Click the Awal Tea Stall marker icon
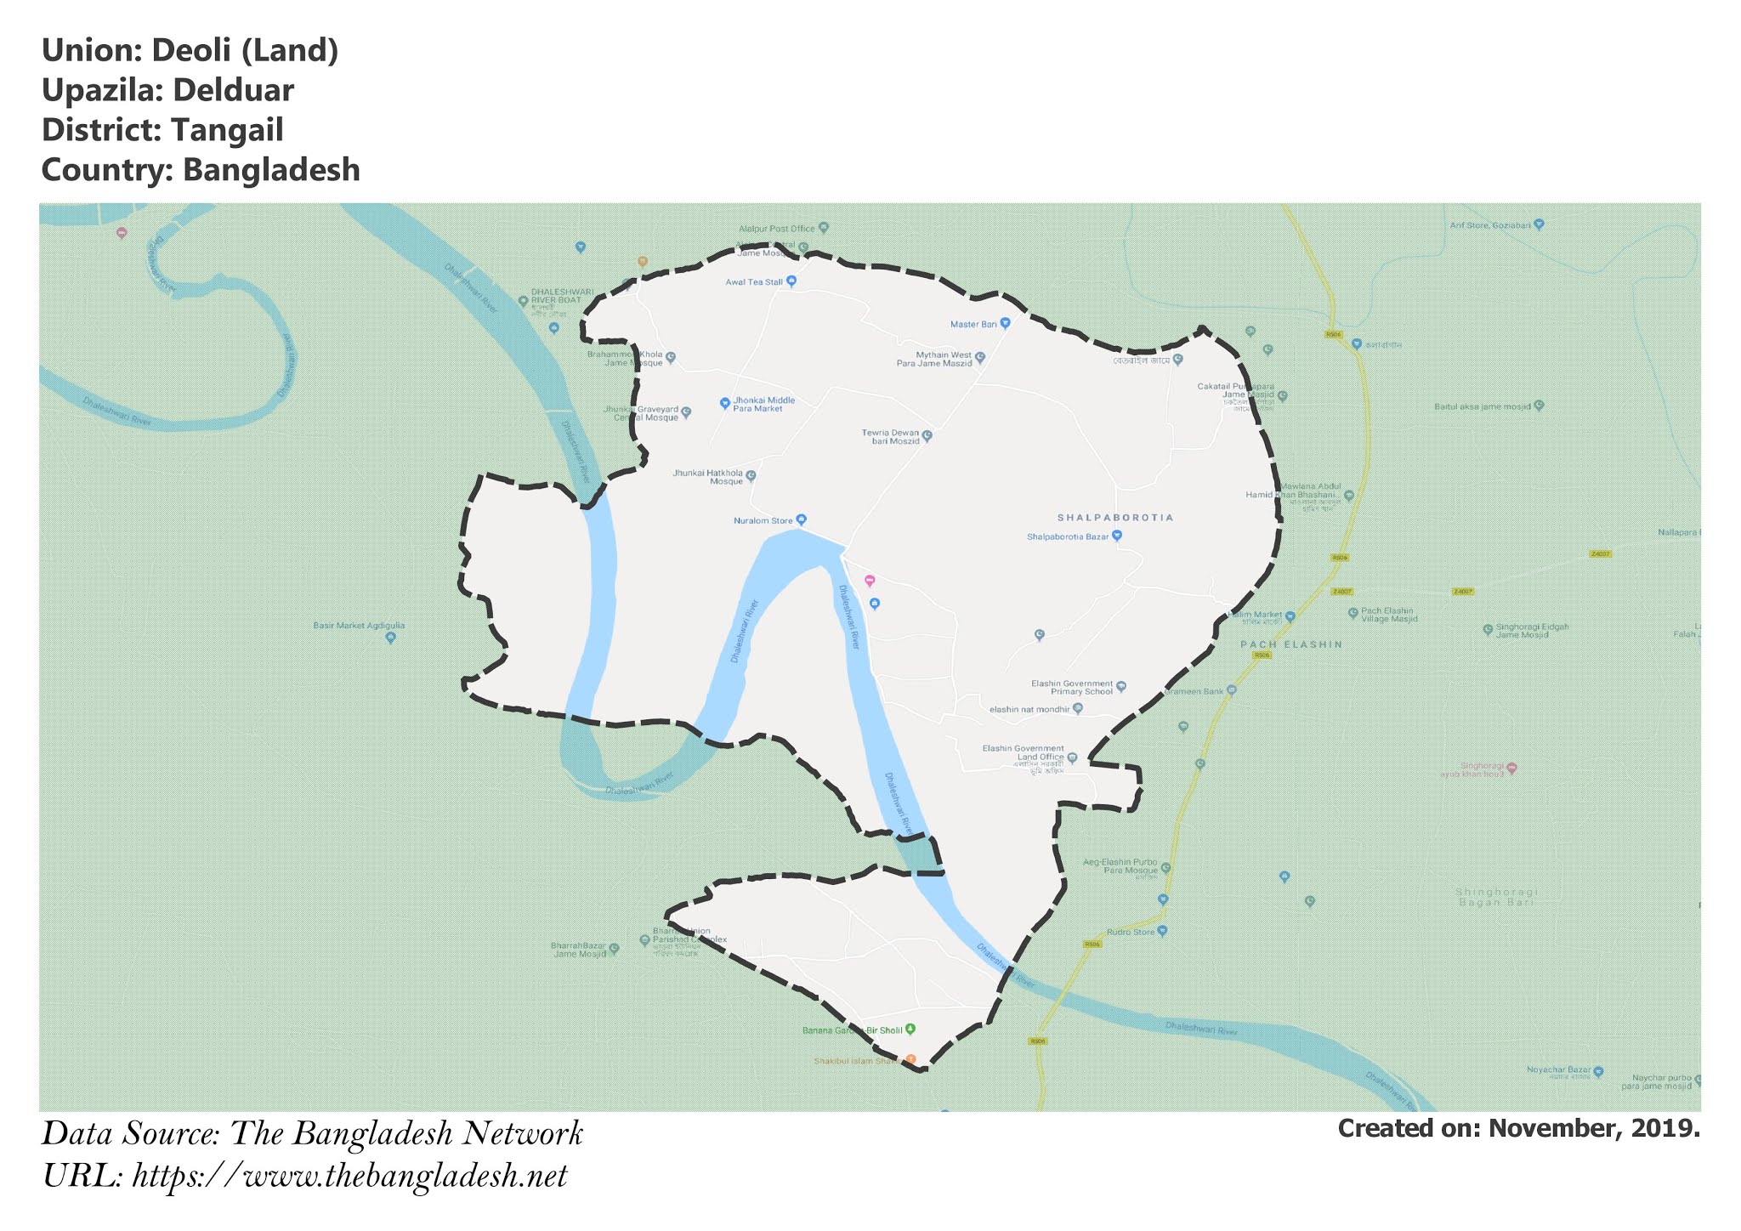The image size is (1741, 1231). coord(791,281)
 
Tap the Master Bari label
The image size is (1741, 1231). coord(973,324)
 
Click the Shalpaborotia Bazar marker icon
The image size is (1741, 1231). coord(1117,536)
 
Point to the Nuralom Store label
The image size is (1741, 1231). coord(763,520)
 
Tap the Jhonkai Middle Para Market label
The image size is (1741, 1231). coord(763,404)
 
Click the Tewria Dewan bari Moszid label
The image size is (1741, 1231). coord(890,437)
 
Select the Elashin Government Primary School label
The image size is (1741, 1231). coord(1071,687)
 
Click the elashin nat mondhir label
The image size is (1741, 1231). coord(1029,709)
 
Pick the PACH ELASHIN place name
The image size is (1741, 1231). coord(1291,644)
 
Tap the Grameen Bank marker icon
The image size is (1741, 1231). coord(1231,690)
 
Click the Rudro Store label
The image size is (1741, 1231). coord(1130,932)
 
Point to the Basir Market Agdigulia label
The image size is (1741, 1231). coord(359,626)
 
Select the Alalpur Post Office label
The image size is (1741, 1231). coord(776,229)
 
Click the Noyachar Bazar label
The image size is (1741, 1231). coord(1557,1069)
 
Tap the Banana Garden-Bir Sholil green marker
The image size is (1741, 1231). coord(910,1029)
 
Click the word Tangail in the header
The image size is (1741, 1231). coord(227,130)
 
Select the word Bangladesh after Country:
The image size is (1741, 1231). coord(271,170)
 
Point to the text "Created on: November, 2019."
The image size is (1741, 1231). coord(1518,1128)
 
